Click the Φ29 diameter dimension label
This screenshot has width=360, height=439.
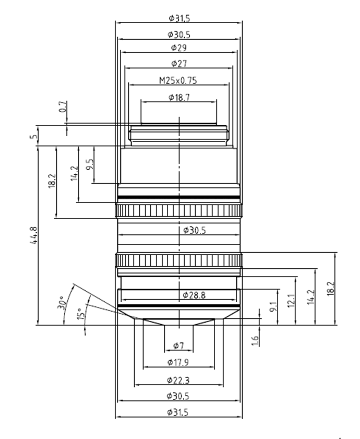[x=179, y=48]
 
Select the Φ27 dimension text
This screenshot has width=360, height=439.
[x=179, y=63]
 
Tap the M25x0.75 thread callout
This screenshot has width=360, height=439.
[x=179, y=80]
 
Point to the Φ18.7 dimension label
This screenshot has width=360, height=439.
[x=179, y=97]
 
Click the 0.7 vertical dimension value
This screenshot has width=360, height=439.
[x=63, y=108]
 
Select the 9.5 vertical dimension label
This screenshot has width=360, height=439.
[x=90, y=165]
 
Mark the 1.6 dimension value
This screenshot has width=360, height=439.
[x=255, y=340]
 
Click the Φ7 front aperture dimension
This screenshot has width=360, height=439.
[x=178, y=346]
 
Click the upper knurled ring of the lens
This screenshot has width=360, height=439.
[x=179, y=211]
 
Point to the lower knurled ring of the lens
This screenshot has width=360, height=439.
[x=179, y=259]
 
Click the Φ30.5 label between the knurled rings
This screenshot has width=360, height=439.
[x=194, y=230]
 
